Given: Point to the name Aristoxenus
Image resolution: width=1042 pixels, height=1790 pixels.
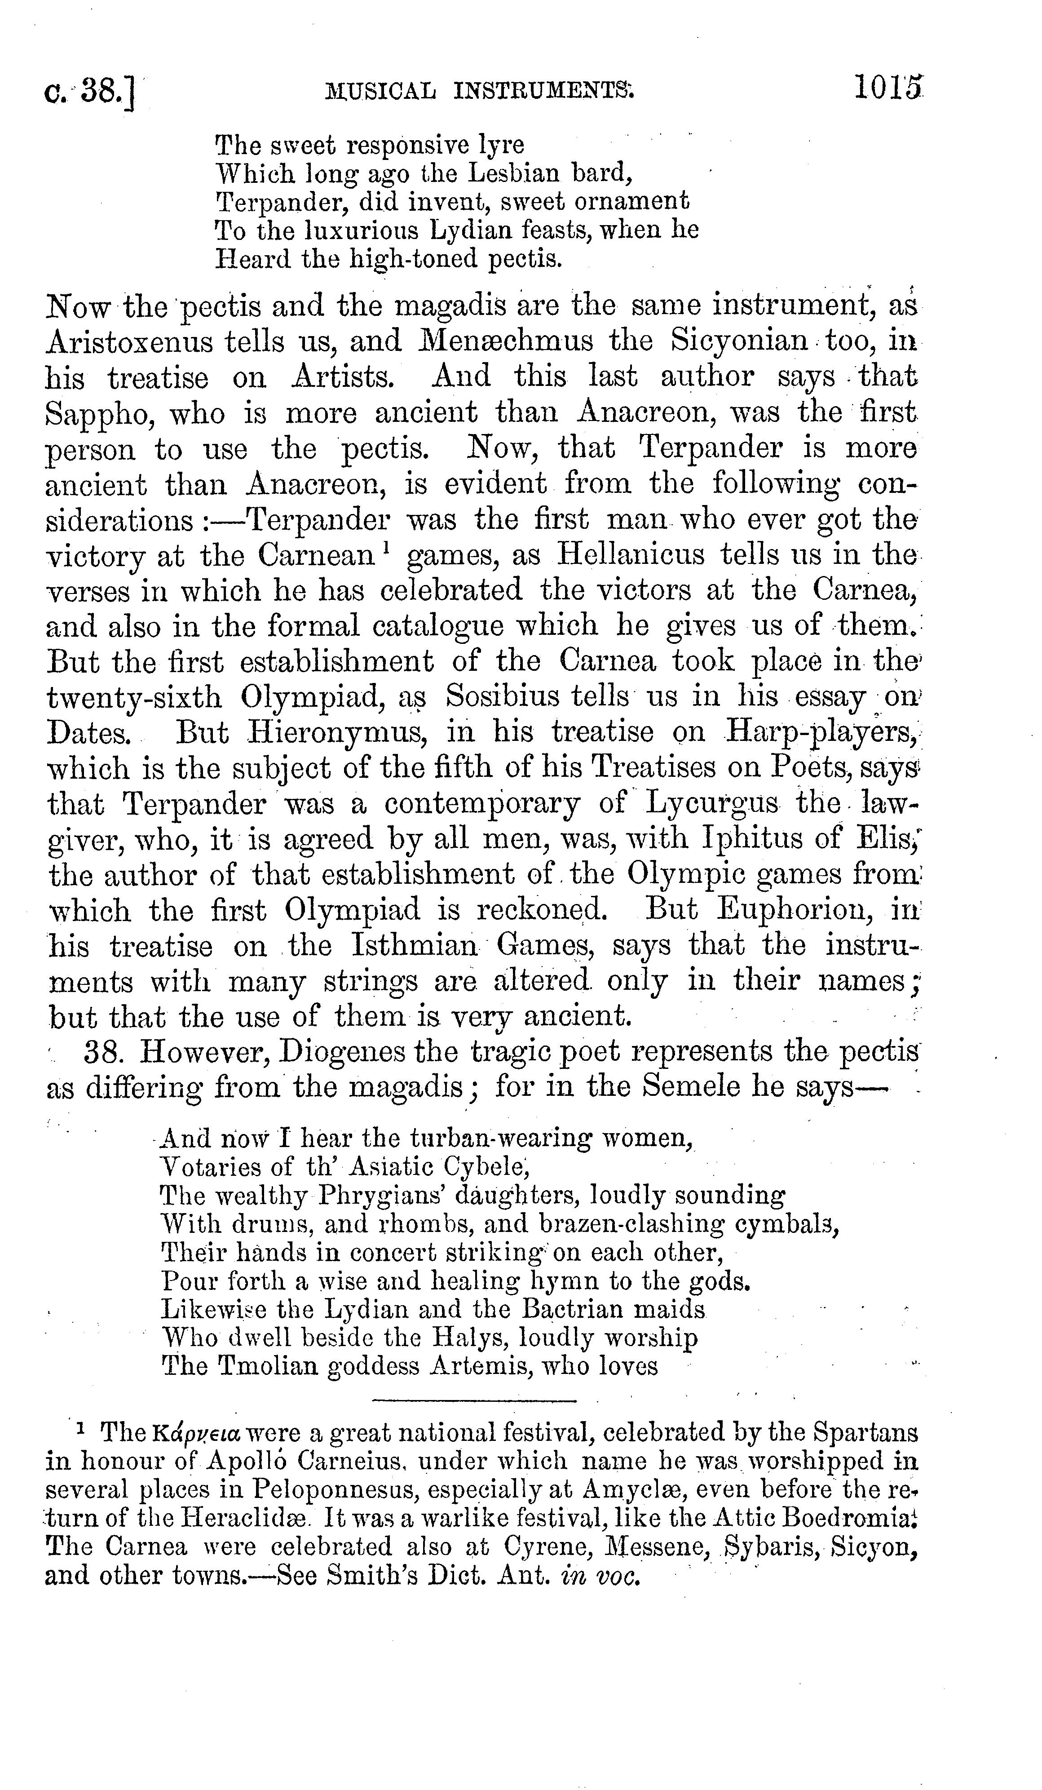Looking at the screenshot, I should tap(129, 341).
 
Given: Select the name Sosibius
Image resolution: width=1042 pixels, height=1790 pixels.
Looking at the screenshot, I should tap(502, 697).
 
